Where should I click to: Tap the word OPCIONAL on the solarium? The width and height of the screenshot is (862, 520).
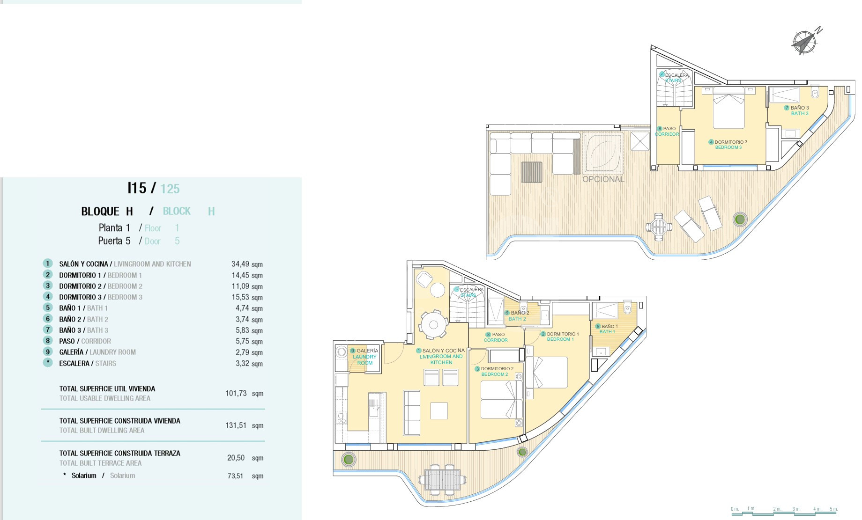click(603, 179)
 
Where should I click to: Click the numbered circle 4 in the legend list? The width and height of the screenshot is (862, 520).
click(47, 297)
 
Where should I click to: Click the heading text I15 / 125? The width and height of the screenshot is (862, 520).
click(154, 188)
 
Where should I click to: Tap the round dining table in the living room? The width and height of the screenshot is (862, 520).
click(433, 324)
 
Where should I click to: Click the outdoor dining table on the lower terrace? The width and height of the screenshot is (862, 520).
click(442, 479)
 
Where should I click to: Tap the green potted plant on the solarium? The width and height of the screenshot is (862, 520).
click(740, 219)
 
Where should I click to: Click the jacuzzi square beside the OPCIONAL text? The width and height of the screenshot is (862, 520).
click(603, 154)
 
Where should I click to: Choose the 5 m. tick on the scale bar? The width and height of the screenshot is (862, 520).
click(833, 509)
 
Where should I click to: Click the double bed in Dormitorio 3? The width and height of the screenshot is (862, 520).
click(728, 108)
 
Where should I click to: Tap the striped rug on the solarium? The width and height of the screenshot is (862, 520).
click(532, 172)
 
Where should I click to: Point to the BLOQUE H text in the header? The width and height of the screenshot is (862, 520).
click(107, 212)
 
